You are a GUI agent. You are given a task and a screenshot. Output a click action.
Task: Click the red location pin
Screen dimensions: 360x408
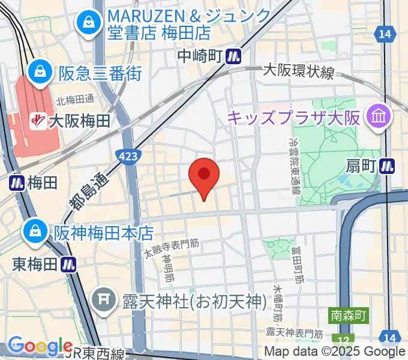[x=204, y=175]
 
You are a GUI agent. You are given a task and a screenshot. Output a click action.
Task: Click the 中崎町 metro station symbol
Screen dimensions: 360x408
[x=233, y=56]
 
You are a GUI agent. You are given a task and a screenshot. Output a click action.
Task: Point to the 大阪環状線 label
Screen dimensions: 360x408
[x=299, y=71]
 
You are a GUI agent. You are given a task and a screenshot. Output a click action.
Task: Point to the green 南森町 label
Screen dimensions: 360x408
[x=348, y=314]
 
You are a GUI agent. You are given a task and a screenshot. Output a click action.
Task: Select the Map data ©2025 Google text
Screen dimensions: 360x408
[x=335, y=352]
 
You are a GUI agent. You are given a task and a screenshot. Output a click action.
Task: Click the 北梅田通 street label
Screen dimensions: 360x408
[x=74, y=99]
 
